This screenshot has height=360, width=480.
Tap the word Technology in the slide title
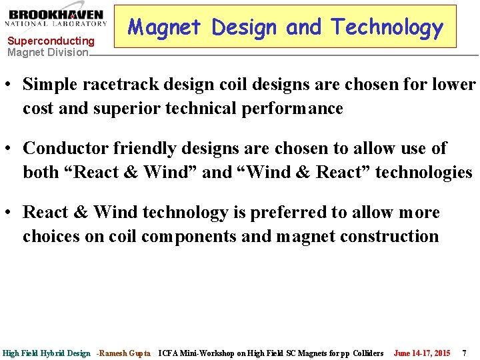coord(387,27)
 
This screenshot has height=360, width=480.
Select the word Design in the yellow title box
coord(244,27)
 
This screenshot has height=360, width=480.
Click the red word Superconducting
coord(51,41)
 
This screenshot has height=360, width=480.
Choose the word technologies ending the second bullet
coord(423,172)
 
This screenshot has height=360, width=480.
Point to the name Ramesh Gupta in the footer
coord(125,353)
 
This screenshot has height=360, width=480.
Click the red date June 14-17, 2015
coord(422,353)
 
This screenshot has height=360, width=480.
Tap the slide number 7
coord(465,353)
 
